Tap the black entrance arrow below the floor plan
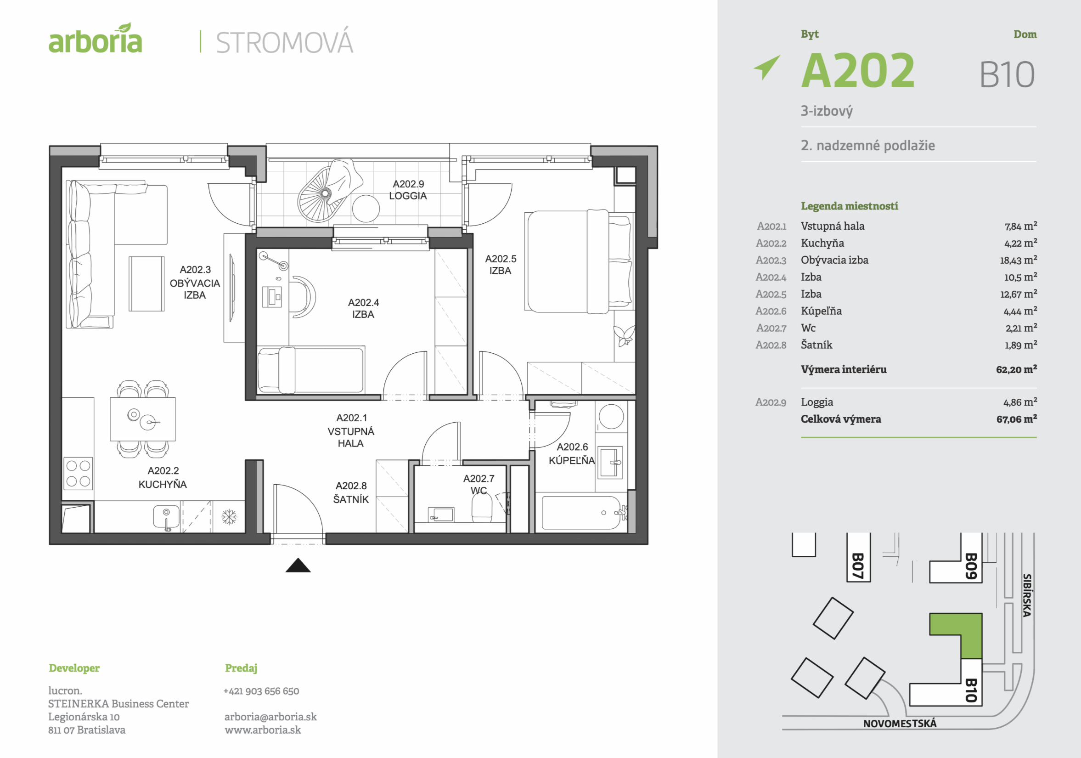[x=298, y=566]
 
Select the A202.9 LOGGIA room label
[x=408, y=190]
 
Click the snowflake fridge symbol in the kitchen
[x=229, y=517]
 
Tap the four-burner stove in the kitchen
[x=78, y=474]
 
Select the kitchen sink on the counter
[x=166, y=517]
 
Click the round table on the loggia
[x=366, y=208]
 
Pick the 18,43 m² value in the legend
[x=1018, y=260]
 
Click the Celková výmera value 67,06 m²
[x=1016, y=419]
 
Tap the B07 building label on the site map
[x=858, y=566]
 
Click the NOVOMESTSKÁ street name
[x=899, y=724]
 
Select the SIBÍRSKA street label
[x=1027, y=595]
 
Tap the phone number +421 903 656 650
[x=261, y=691]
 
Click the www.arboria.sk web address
[x=263, y=730]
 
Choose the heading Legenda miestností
[x=850, y=206]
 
